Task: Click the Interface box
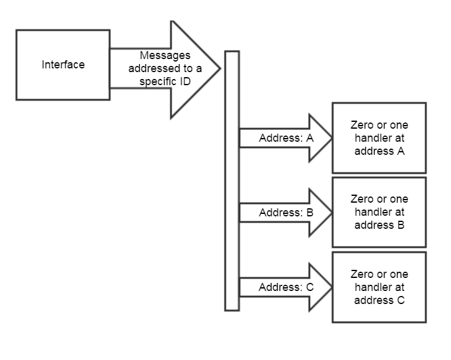[x=63, y=65]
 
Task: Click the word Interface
[x=63, y=65]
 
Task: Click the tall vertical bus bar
[x=232, y=180]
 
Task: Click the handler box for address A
[x=379, y=138]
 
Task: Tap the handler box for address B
[x=379, y=212]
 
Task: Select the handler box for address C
[x=379, y=287]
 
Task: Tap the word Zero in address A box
[x=362, y=125]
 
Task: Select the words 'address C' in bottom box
[x=380, y=299]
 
